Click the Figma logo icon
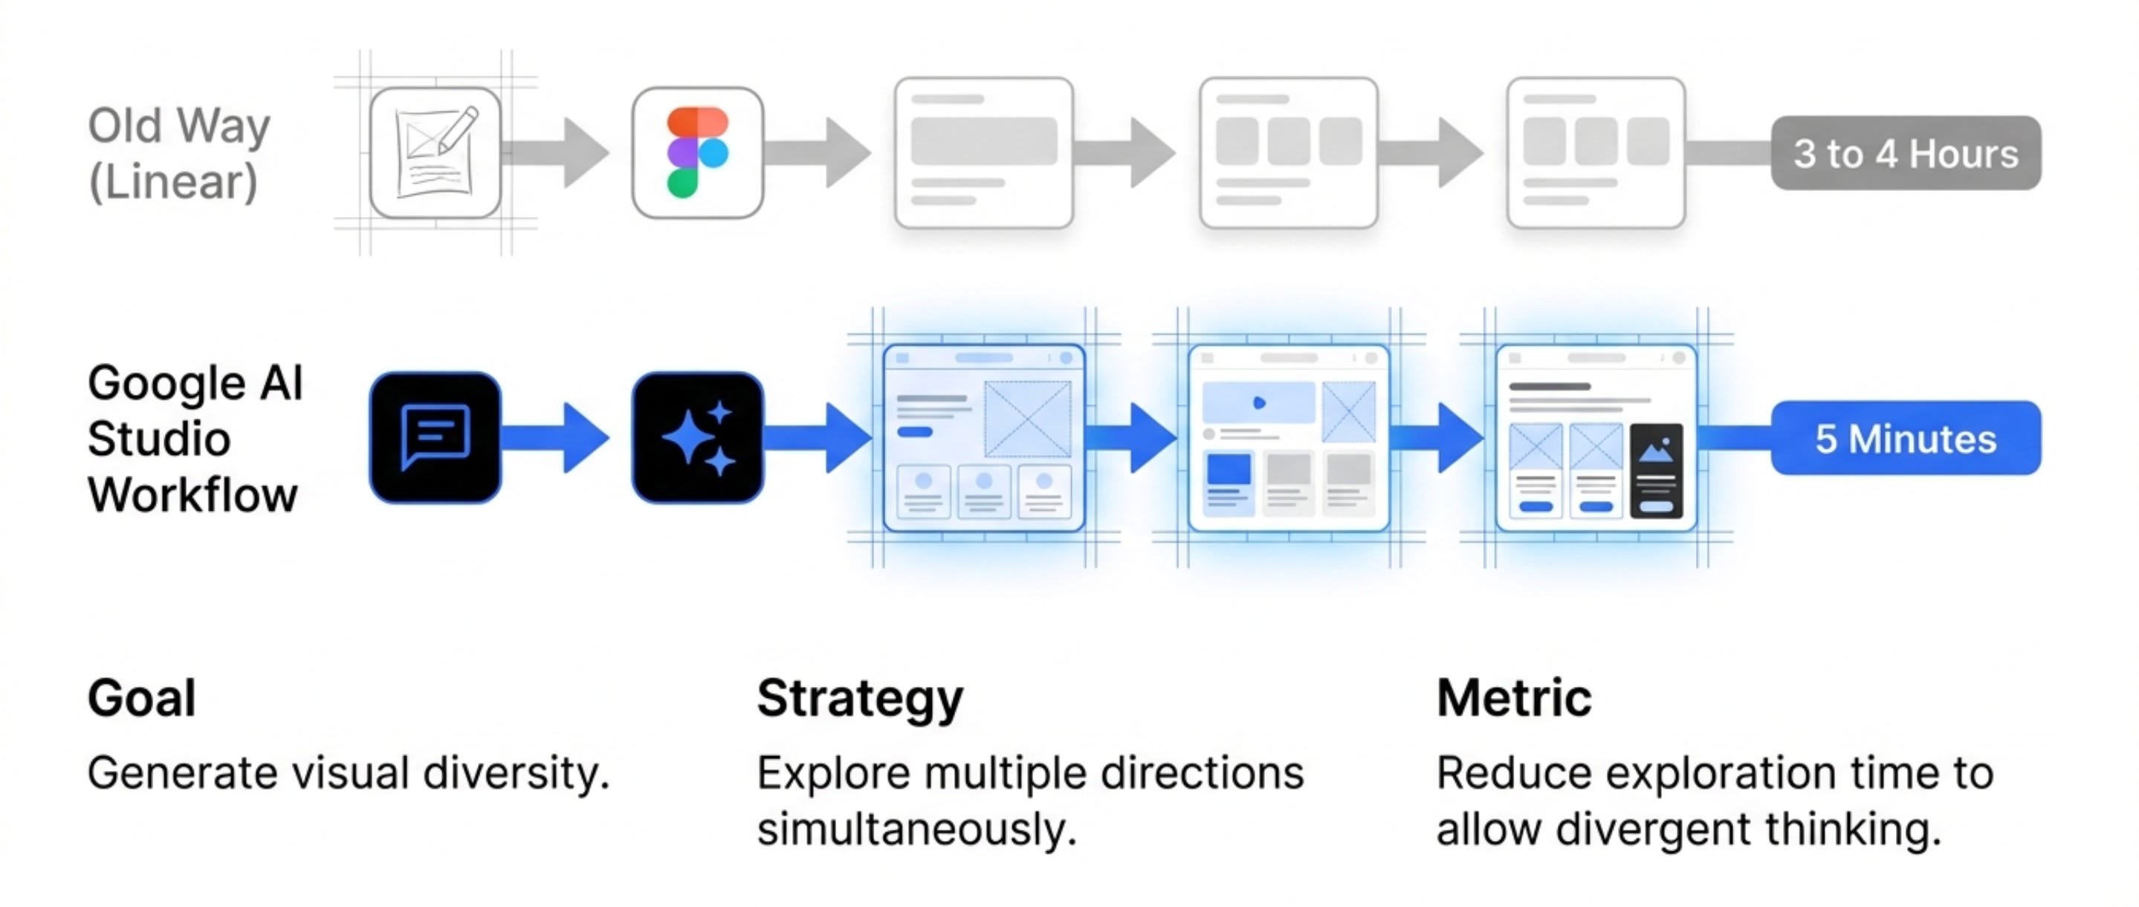pyautogui.click(x=697, y=153)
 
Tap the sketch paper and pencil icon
pyautogui.click(x=435, y=153)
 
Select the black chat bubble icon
pyautogui.click(x=435, y=437)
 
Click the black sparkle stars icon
pyautogui.click(x=697, y=437)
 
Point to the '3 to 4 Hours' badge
pyautogui.click(x=1906, y=153)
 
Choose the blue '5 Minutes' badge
pyautogui.click(x=1906, y=438)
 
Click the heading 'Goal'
pyautogui.click(x=142, y=697)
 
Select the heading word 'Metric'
pyautogui.click(x=1514, y=697)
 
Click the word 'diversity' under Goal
pyautogui.click(x=516, y=773)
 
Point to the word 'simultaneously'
pyautogui.click(x=916, y=829)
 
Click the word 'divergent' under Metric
pyautogui.click(x=1653, y=829)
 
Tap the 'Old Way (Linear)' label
pyautogui.click(x=178, y=153)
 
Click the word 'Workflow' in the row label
pyautogui.click(x=192, y=495)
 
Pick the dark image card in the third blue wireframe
pyautogui.click(x=1657, y=471)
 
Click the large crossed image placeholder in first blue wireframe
pyautogui.click(x=1027, y=419)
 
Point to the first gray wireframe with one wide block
pyautogui.click(x=984, y=153)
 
